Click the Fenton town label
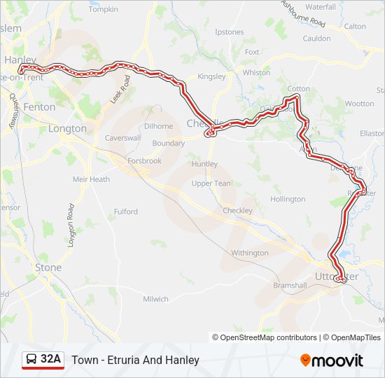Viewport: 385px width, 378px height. (39, 107)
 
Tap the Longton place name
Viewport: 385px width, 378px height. (67, 129)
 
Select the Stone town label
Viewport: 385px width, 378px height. (48, 267)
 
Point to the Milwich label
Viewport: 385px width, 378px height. (155, 299)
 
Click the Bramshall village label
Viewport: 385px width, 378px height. (290, 286)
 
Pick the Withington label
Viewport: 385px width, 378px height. (249, 253)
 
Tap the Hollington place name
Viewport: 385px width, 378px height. (288, 199)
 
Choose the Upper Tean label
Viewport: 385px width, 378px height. (211, 183)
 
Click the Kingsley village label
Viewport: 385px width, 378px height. (211, 76)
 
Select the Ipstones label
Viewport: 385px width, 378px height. (230, 32)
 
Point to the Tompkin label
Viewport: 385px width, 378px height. (104, 9)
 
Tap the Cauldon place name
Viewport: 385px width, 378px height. (317, 38)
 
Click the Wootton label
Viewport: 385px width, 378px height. (359, 104)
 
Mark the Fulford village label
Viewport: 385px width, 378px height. (126, 211)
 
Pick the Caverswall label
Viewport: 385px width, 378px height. (123, 139)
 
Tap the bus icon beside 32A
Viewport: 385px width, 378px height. (32, 360)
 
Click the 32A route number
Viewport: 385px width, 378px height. (50, 360)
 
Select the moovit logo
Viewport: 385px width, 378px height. (332, 360)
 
